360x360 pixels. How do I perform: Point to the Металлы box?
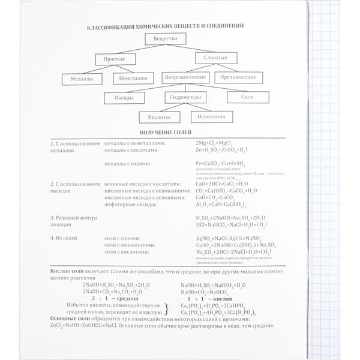[x=81, y=78]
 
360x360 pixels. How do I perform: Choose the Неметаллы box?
[x=133, y=78]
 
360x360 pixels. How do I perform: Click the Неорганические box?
[x=184, y=78]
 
